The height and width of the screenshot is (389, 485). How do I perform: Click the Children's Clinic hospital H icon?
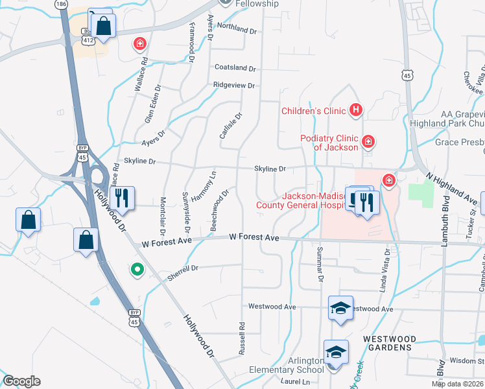point(355,110)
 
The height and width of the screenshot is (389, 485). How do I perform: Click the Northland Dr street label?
point(237,29)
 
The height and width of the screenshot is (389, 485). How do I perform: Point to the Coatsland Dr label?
point(235,67)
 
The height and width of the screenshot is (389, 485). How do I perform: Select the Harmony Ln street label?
point(213,185)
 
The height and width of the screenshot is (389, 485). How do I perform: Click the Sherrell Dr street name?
point(182,272)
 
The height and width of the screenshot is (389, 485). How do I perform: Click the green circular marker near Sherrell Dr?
point(137,268)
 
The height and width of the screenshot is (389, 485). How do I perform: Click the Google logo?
point(21,381)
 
